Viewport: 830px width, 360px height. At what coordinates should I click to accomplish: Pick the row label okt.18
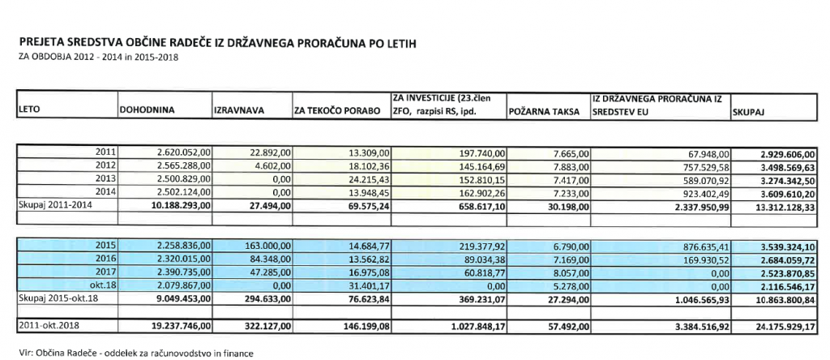pos(101,282)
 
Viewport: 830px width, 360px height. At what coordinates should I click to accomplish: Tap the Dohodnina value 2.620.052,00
pos(182,152)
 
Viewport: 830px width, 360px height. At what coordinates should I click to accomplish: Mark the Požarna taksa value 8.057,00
pos(567,270)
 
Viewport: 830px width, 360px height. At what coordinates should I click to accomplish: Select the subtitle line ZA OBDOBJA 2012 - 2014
pos(92,57)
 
